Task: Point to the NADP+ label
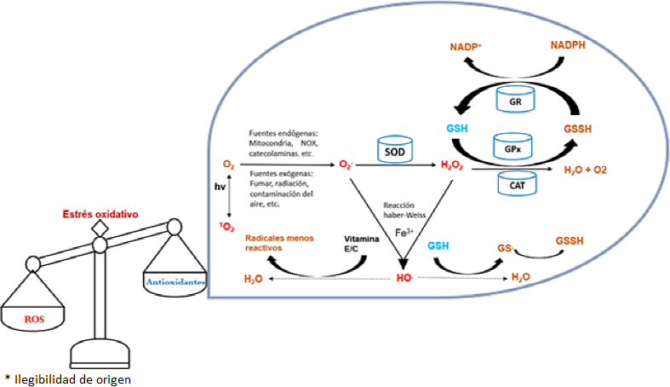[467, 49]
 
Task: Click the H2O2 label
[452, 165]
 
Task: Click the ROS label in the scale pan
[33, 319]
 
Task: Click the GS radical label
[504, 248]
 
